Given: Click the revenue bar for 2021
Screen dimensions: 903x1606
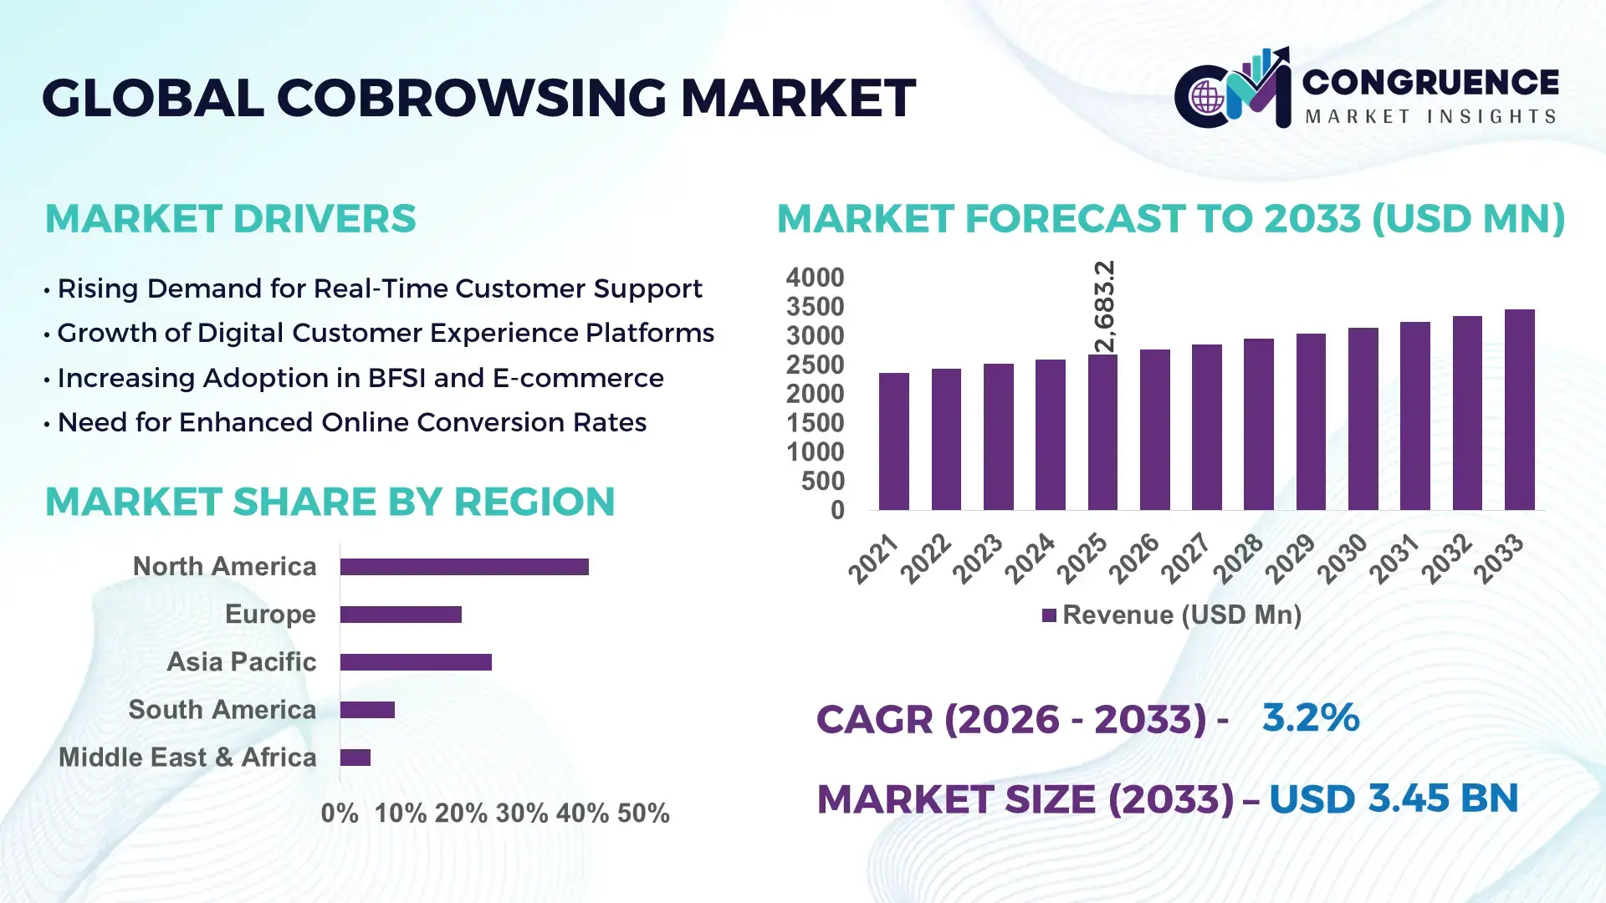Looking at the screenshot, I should (893, 441).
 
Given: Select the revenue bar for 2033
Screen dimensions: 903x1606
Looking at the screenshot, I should (1519, 410).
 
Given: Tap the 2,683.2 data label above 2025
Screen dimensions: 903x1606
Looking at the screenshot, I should (1104, 306).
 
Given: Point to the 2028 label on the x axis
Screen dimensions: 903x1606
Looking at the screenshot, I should (1238, 559).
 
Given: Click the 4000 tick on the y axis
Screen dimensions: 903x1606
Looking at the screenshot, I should (815, 278).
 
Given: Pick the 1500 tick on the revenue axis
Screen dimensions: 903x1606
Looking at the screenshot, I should (815, 423).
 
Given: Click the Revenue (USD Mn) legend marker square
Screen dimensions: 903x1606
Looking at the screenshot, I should (1049, 615).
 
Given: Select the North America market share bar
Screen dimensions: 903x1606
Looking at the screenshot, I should (464, 567).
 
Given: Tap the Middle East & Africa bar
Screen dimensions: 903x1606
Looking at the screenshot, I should (355, 758).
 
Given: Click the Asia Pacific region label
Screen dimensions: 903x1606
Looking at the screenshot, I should (241, 662).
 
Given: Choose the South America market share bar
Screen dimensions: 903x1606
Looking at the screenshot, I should (367, 710).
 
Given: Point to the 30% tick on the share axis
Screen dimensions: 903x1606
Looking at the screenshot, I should (521, 814).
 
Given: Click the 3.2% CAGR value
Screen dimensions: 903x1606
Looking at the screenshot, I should (1310, 717).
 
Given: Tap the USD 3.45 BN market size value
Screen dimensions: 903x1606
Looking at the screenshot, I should (1394, 798).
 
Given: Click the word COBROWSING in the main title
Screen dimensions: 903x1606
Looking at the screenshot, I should (471, 98).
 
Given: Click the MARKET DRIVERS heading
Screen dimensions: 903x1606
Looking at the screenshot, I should (230, 219).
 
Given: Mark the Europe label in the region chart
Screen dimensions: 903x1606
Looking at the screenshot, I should (270, 615).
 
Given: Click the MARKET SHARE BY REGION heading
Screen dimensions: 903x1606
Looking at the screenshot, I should (330, 502).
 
